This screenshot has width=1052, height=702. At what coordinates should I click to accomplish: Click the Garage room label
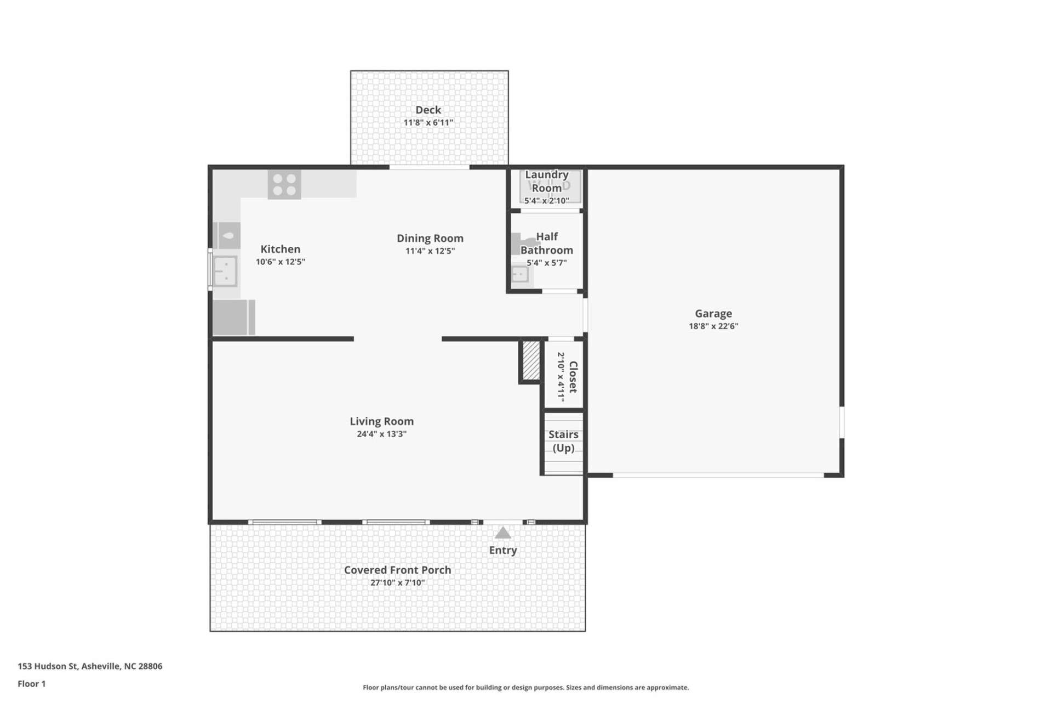pyautogui.click(x=713, y=313)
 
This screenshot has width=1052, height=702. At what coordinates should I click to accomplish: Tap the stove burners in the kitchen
pyautogui.click(x=284, y=185)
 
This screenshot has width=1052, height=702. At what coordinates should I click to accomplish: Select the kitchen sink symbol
pyautogui.click(x=225, y=271)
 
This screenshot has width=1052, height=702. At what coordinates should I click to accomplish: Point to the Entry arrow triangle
pyautogui.click(x=502, y=533)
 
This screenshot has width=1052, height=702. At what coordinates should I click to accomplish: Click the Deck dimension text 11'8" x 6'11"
pyautogui.click(x=428, y=122)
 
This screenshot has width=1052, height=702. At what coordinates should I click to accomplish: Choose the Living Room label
pyautogui.click(x=381, y=421)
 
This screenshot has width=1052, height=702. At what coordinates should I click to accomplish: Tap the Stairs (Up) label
pyautogui.click(x=563, y=441)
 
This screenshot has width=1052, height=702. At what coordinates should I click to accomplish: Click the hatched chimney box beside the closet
pyautogui.click(x=530, y=360)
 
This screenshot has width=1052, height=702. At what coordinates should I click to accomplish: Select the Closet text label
pyautogui.click(x=573, y=377)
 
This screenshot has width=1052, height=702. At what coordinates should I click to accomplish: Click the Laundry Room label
pyautogui.click(x=546, y=181)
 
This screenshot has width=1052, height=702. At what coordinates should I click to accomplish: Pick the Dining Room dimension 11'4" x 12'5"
pyautogui.click(x=430, y=251)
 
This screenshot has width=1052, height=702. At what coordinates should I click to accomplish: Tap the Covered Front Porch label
pyautogui.click(x=397, y=570)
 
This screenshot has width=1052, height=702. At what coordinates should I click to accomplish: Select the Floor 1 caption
pyautogui.click(x=32, y=683)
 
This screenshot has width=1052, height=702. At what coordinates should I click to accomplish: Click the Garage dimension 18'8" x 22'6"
pyautogui.click(x=713, y=326)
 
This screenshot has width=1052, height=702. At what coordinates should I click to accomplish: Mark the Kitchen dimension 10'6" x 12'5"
pyautogui.click(x=280, y=262)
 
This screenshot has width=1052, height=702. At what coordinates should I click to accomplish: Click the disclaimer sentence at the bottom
pyautogui.click(x=525, y=687)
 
